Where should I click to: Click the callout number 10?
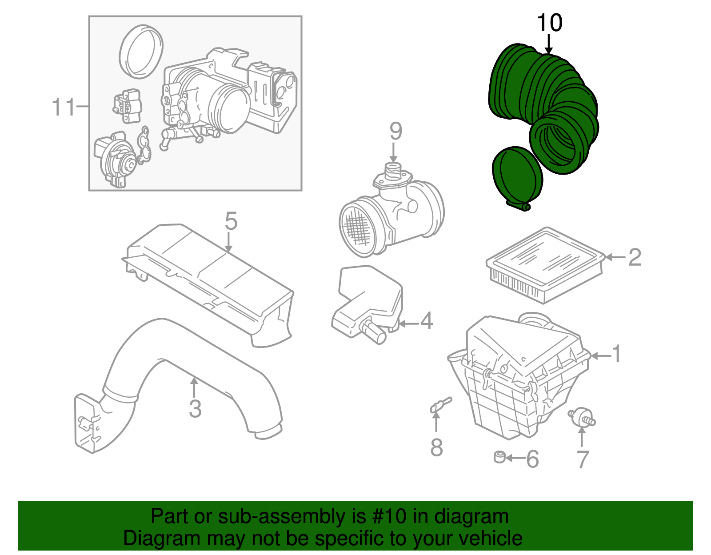pos(550,23)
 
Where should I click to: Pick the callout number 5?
pos(231,221)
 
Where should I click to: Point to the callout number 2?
pos(635,257)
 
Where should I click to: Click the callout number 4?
pos(426,321)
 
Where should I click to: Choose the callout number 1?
pos(616,354)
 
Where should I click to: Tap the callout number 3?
pos(195,408)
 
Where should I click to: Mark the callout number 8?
pos(436,447)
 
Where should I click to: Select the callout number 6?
pos(532,459)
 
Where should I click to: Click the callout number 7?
pos(583,459)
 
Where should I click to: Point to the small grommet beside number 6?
pos(500,457)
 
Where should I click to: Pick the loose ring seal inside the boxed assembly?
pos(141,52)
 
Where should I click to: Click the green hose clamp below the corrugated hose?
pos(517,178)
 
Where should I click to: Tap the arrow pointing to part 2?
pos(615,257)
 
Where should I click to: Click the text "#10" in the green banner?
pos(387,516)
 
